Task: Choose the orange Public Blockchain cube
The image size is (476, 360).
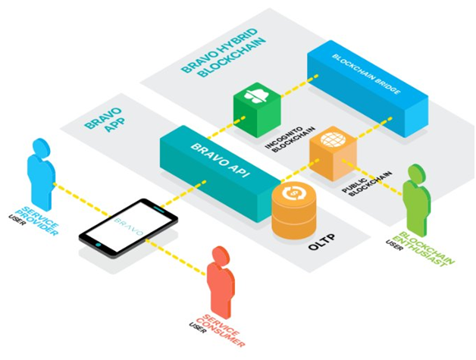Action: click(332, 152)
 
